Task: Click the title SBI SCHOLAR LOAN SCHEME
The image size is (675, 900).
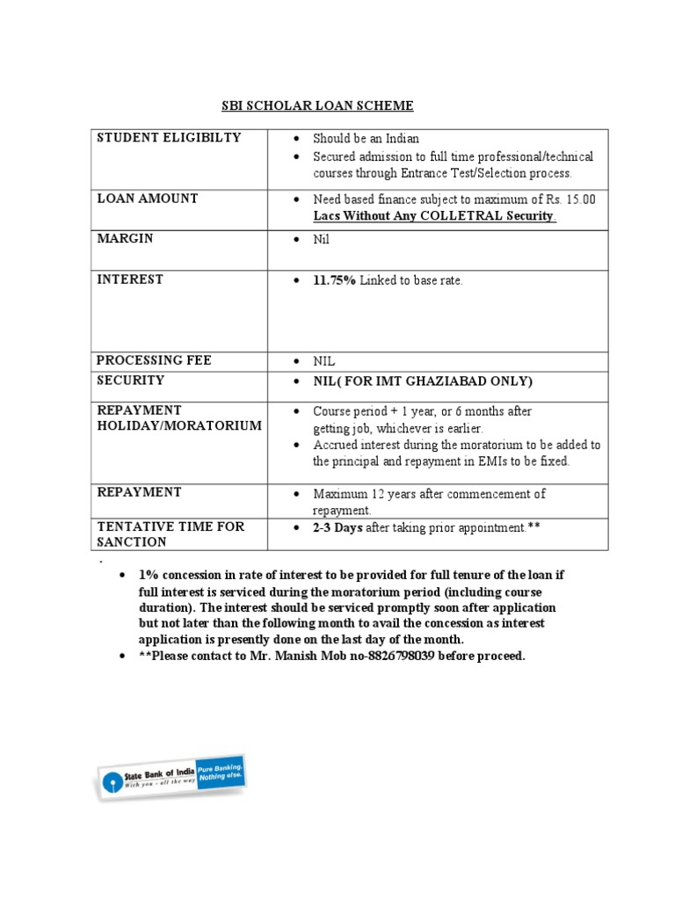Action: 316,106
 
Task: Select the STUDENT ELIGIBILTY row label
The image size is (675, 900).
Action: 169,138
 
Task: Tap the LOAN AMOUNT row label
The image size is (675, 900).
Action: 147,199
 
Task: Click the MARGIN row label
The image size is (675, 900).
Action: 124,239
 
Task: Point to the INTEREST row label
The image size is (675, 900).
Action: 130,279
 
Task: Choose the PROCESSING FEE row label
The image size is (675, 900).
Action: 154,360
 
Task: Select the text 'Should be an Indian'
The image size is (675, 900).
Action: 367,139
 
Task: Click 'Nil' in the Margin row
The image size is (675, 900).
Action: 323,240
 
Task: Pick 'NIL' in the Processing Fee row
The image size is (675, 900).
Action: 324,361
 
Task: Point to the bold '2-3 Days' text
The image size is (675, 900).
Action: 337,527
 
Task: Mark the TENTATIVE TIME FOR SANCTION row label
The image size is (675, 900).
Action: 171,534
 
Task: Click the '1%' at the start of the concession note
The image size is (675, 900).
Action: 148,576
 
